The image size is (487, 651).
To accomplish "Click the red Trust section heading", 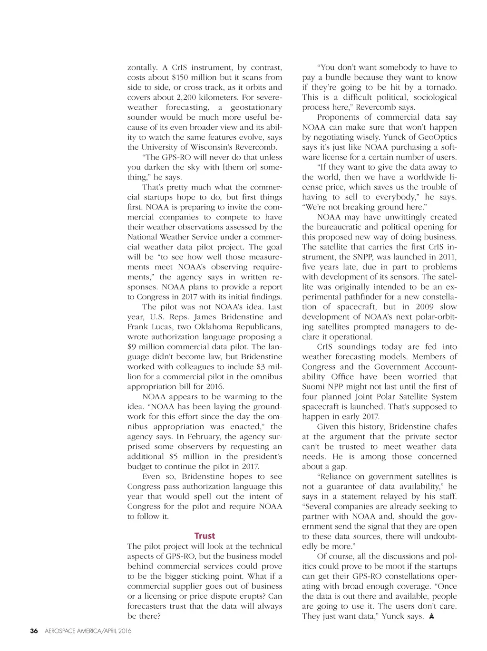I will (205, 536).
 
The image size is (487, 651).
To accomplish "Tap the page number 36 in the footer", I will (34, 631).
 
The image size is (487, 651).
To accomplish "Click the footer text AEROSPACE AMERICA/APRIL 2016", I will (88, 631).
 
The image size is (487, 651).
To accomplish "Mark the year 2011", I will (448, 257).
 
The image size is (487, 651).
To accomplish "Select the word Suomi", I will (313, 386).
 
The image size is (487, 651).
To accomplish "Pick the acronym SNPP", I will (363, 257).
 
